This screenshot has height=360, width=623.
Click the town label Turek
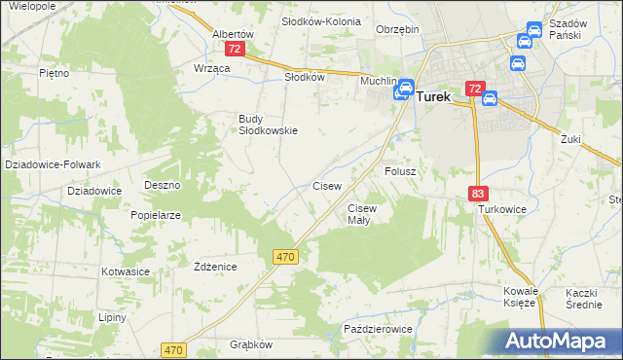434,97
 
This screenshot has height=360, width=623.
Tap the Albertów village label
233,33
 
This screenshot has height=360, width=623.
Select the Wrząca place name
211,67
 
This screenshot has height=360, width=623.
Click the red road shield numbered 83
477,194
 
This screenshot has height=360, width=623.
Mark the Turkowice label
501,209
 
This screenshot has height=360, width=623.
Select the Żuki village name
570,139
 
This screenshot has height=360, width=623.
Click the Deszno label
163,185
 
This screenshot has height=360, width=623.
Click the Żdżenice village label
215,267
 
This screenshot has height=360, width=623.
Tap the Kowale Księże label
520,297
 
